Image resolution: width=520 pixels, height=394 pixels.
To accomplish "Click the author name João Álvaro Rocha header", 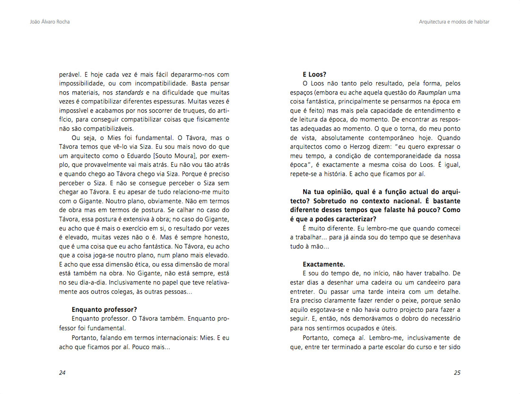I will point(46,22).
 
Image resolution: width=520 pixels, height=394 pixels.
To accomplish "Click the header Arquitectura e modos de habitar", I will point(454,22).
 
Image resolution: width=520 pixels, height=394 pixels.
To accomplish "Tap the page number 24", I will point(62,372).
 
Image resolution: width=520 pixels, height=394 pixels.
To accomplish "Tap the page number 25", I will point(457,372).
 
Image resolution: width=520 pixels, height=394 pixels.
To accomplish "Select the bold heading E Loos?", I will point(315,74).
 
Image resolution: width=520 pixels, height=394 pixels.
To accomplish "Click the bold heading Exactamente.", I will point(324,264).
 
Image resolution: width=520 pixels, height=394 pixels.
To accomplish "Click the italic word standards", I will point(129,92).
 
